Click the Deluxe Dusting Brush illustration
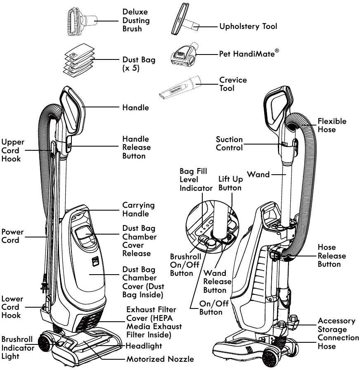[81, 20]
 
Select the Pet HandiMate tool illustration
[184, 55]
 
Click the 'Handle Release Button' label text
[136, 147]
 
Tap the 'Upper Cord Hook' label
[12, 150]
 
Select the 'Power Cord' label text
[12, 236]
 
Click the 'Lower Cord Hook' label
[12, 307]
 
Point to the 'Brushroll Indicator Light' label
[17, 347]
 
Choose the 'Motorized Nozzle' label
[160, 359]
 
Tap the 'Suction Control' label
[229, 143]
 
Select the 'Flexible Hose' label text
[332, 125]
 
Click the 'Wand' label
[258, 174]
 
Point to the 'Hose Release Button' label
[332, 256]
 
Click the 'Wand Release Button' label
[217, 281]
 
